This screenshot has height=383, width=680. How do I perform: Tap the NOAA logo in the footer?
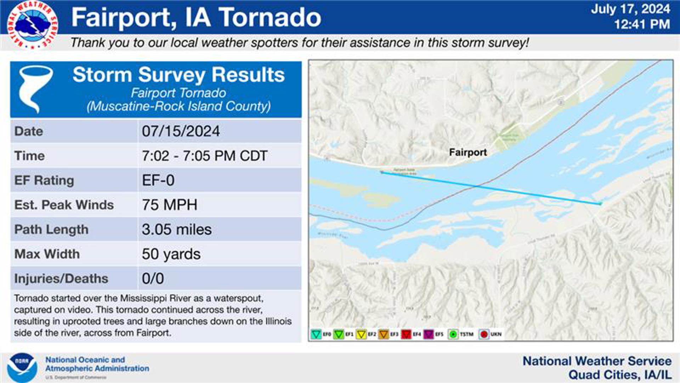coord(22,367)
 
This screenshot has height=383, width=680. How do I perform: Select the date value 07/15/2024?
coord(181,131)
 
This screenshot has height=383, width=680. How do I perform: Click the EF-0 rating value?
coord(158,181)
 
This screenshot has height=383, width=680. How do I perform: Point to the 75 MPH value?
coord(169,205)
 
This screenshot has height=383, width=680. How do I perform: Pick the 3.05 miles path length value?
coord(176,229)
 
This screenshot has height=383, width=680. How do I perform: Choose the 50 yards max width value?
coord(171,254)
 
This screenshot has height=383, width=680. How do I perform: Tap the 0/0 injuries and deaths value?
coord(153,279)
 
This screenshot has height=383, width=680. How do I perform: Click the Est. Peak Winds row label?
coord(64,205)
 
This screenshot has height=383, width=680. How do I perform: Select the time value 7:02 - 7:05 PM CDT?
coord(204,156)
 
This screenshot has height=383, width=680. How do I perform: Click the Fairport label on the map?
coord(467,152)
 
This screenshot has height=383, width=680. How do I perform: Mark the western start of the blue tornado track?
coord(382,172)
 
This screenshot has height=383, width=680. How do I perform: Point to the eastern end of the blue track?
coord(600,204)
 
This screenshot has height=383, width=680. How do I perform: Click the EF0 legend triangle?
coord(316,334)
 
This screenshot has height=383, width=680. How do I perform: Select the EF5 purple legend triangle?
coord(428,334)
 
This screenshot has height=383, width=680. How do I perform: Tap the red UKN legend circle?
coord(484,334)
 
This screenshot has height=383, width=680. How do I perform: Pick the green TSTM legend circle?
coord(453,334)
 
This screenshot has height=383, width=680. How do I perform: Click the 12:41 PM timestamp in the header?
coord(642,24)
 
